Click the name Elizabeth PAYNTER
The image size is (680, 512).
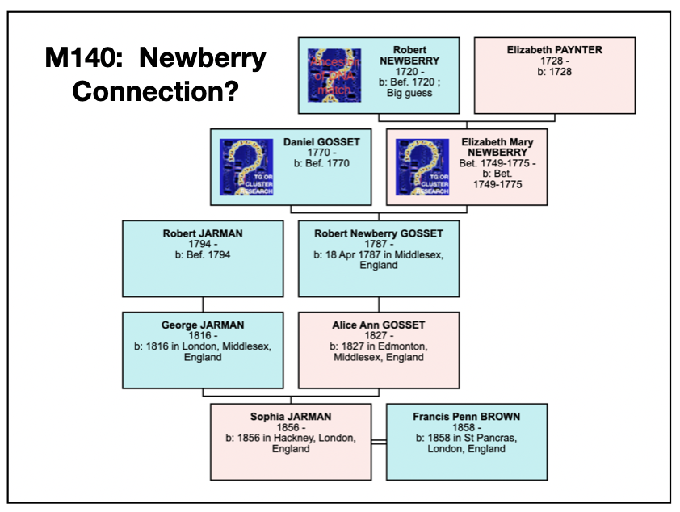pyautogui.click(x=554, y=50)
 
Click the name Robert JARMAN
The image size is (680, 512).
pyautogui.click(x=202, y=233)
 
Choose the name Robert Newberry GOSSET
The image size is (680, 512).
pyautogui.click(x=378, y=233)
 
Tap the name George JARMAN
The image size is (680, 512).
pyautogui.click(x=202, y=325)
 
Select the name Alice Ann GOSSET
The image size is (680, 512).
pyautogui.click(x=378, y=325)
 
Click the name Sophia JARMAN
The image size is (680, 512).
pyautogui.click(x=291, y=417)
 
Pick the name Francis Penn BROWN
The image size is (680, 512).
pyautogui.click(x=466, y=417)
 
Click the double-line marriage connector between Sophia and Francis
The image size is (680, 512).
pyautogui.click(x=379, y=442)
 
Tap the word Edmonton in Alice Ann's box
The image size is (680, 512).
pyautogui.click(x=400, y=346)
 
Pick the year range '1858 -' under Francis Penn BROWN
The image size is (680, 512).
pyautogui.click(x=466, y=428)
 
